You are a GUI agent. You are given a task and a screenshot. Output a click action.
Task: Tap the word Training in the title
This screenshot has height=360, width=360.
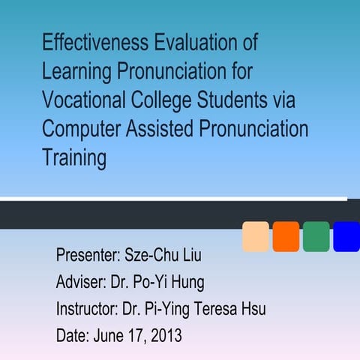coord(74,158)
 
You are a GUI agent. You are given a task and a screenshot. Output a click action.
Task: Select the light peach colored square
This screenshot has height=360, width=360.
coord(256,236)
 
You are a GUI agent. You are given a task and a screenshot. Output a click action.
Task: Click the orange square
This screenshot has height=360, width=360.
coord(286,236)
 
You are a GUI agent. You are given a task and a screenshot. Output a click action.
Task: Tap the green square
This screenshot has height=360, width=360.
coord(316,236)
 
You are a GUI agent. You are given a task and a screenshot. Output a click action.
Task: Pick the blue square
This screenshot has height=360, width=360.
coord(346,236)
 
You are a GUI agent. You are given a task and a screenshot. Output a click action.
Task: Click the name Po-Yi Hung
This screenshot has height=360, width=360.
coord(178,283)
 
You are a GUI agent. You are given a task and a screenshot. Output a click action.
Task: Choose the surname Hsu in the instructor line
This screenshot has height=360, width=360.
coord(252,309)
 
